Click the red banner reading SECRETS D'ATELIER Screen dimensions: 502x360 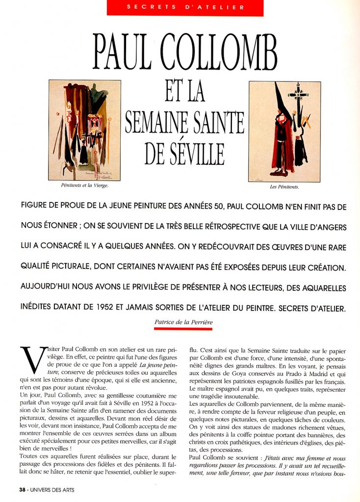185,7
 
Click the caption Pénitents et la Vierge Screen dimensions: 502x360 84,186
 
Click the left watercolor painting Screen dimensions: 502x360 84,130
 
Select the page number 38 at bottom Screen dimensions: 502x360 22,490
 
